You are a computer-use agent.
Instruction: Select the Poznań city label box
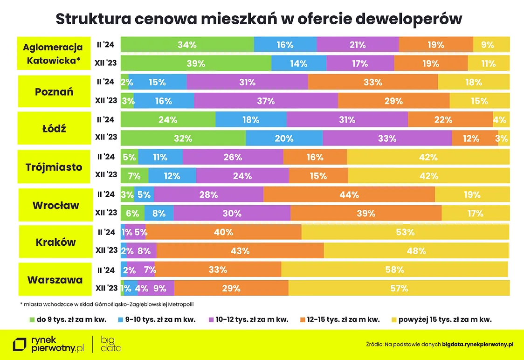(54, 91)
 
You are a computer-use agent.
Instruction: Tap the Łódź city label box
(54, 128)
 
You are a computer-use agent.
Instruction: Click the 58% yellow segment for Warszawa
(394, 270)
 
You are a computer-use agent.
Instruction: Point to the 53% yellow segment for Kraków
(405, 232)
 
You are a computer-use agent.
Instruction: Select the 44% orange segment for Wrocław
(349, 194)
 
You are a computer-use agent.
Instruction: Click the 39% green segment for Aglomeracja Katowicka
(196, 63)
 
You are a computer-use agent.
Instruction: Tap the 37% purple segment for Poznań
(266, 101)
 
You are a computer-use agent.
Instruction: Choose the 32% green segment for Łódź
(183, 138)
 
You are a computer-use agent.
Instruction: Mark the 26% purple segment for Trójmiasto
(233, 157)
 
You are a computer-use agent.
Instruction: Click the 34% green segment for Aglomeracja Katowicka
(187, 45)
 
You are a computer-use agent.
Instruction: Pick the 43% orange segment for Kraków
(240, 250)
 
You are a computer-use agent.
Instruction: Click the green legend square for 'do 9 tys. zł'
(32, 320)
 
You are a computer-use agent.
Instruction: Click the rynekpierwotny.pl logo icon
(20, 344)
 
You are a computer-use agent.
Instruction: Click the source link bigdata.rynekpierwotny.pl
(477, 344)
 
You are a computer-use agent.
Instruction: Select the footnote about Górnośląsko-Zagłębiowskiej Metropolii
(107, 304)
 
